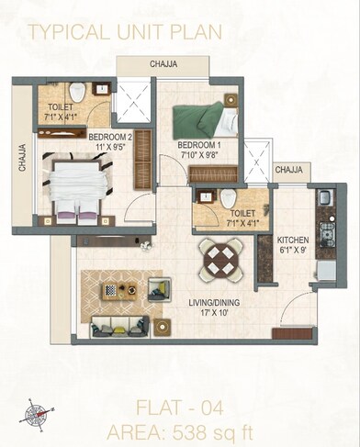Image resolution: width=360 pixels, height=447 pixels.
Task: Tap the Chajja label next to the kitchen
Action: point(288,170)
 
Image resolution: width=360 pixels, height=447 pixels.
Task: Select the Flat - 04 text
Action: point(180,407)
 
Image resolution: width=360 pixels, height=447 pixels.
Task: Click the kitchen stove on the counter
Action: point(325,231)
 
